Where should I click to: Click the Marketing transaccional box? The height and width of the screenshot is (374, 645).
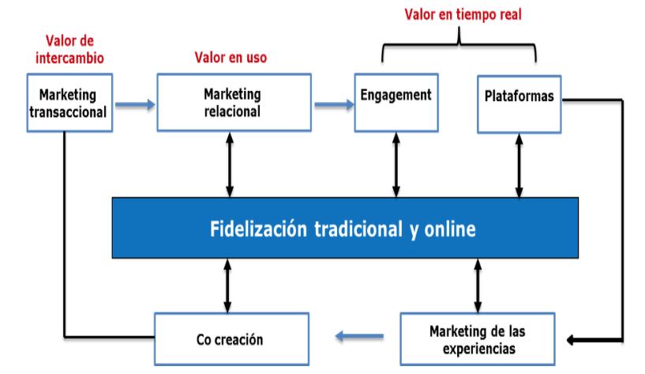pyautogui.click(x=69, y=103)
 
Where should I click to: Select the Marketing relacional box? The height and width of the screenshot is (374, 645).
pyautogui.click(x=234, y=103)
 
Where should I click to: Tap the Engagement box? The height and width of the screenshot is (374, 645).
pyautogui.click(x=396, y=103)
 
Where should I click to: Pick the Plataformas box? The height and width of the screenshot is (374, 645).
pyautogui.click(x=519, y=104)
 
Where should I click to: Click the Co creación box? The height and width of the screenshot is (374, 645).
pyautogui.click(x=231, y=339)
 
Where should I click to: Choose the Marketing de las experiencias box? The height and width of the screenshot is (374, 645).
pyautogui.click(x=478, y=339)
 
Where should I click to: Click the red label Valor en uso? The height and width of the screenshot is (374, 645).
pyautogui.click(x=231, y=57)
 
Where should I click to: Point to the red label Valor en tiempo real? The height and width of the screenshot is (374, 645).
pyautogui.click(x=463, y=14)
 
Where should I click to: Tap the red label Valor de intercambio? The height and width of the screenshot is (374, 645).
pyautogui.click(x=69, y=50)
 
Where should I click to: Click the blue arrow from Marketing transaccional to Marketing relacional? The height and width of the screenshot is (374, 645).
pyautogui.click(x=135, y=104)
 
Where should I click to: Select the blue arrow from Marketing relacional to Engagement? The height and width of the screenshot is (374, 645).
pyautogui.click(x=334, y=104)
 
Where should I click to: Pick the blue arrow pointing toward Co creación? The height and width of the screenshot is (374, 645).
pyautogui.click(x=359, y=336)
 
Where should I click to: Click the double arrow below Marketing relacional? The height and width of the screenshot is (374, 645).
pyautogui.click(x=230, y=164)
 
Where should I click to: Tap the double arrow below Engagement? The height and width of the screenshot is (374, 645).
pyautogui.click(x=396, y=164)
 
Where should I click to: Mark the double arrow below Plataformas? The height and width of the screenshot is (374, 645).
pyautogui.click(x=519, y=165)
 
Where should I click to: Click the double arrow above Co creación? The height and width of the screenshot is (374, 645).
pyautogui.click(x=227, y=285)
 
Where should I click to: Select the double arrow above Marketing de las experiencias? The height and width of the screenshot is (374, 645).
pyautogui.click(x=478, y=285)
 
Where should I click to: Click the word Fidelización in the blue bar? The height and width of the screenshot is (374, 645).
pyautogui.click(x=258, y=229)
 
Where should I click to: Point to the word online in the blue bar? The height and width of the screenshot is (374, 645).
pyautogui.click(x=450, y=229)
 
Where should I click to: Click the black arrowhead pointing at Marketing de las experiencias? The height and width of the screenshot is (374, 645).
pyautogui.click(x=572, y=340)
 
